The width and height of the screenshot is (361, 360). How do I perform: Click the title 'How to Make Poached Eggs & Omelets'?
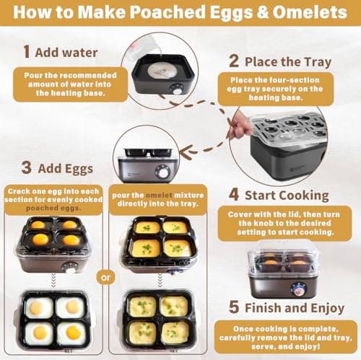click(180, 12)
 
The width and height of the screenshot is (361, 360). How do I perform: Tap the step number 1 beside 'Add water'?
click(27, 52)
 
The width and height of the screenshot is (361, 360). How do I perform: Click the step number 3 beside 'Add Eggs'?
click(27, 167)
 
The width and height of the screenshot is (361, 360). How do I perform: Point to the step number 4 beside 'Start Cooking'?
click(235, 194)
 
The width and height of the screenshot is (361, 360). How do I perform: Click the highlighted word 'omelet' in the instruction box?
click(160, 195)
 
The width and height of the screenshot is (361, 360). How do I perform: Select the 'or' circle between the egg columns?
click(105, 276)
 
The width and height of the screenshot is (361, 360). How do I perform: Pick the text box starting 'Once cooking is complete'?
click(286, 335)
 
